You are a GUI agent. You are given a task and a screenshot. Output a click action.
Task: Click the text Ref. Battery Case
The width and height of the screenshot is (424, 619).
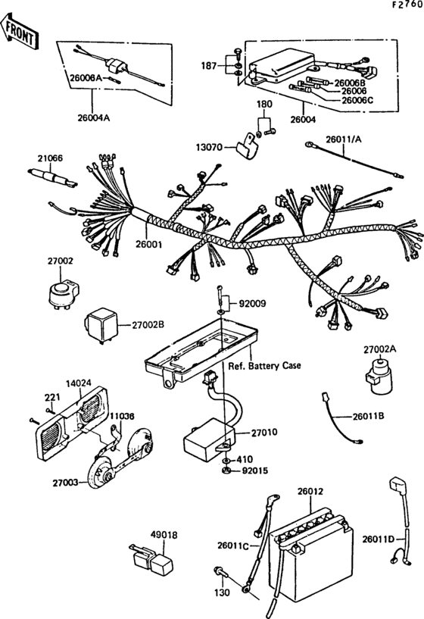click(x=264, y=366)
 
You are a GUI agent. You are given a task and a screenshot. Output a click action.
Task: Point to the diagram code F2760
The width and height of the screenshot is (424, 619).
click(x=407, y=5)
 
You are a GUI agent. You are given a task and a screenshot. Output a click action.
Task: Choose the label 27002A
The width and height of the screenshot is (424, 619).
click(x=380, y=349)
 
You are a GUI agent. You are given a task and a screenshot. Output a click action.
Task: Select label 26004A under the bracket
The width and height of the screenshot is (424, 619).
click(x=93, y=117)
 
